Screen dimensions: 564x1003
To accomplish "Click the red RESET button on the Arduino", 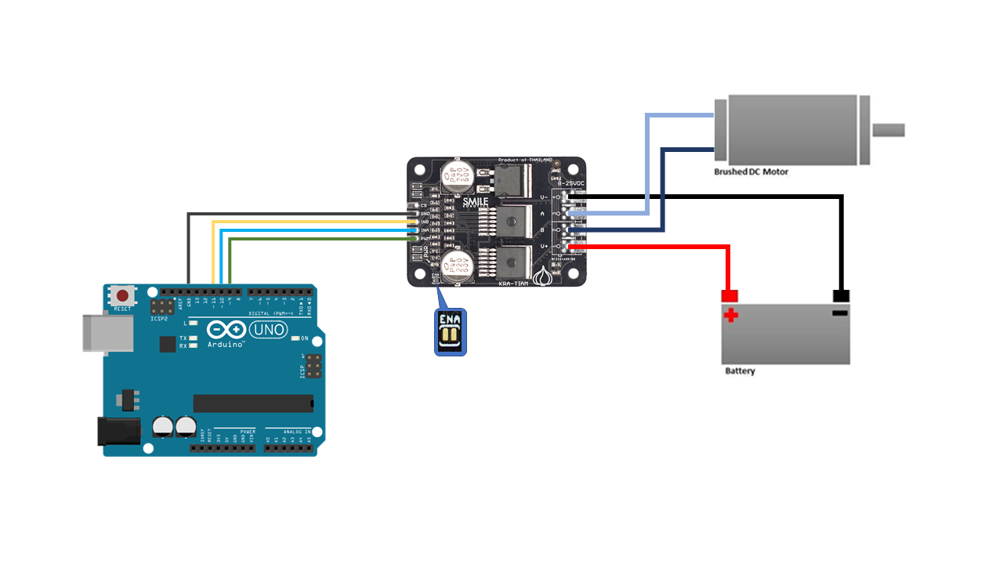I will pos(122,296).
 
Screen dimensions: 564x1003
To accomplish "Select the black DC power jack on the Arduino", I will pos(117,431).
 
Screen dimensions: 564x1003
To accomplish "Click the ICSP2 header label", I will pos(160,319).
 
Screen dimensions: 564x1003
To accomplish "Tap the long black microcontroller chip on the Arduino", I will pos(253,403).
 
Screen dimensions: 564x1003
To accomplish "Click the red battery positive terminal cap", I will pos(730,296).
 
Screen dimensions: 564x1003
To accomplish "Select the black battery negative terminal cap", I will pos(842,296).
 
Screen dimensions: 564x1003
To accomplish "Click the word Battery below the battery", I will pos(740,371).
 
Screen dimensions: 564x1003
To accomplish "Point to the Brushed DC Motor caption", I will pos(751,172).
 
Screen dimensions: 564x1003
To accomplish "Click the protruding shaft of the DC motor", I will pos(889,130).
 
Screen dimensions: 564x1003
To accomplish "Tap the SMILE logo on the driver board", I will pos(475,201).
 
